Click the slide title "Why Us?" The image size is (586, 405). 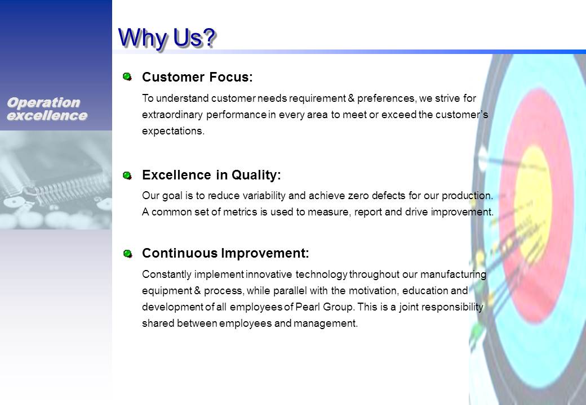pos(167,38)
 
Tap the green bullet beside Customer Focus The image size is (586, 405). pos(127,77)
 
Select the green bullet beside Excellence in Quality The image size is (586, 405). pos(127,175)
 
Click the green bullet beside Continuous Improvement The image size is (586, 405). pos(127,254)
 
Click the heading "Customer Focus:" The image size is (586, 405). pos(197,77)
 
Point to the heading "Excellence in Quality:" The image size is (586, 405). pos(211,175)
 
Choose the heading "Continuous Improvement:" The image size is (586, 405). pos(226,253)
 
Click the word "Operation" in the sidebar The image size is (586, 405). pos(43,102)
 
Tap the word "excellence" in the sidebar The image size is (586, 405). pos(47,116)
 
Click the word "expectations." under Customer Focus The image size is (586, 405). pos(173,131)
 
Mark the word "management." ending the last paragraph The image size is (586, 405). pos(326,323)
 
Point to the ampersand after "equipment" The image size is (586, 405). pos(198,290)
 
